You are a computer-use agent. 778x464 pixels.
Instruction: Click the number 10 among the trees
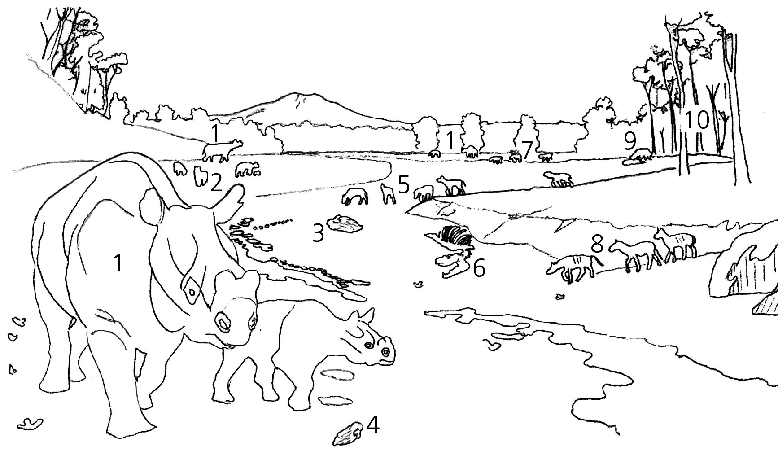pyautogui.click(x=697, y=120)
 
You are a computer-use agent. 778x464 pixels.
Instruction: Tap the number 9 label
pyautogui.click(x=630, y=141)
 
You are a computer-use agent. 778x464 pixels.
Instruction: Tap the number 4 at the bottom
pyautogui.click(x=373, y=425)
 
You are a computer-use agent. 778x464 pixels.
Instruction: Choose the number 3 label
pyautogui.click(x=318, y=233)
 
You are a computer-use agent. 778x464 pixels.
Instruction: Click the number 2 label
pyautogui.click(x=216, y=183)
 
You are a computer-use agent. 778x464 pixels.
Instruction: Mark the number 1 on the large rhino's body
pyautogui.click(x=118, y=263)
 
